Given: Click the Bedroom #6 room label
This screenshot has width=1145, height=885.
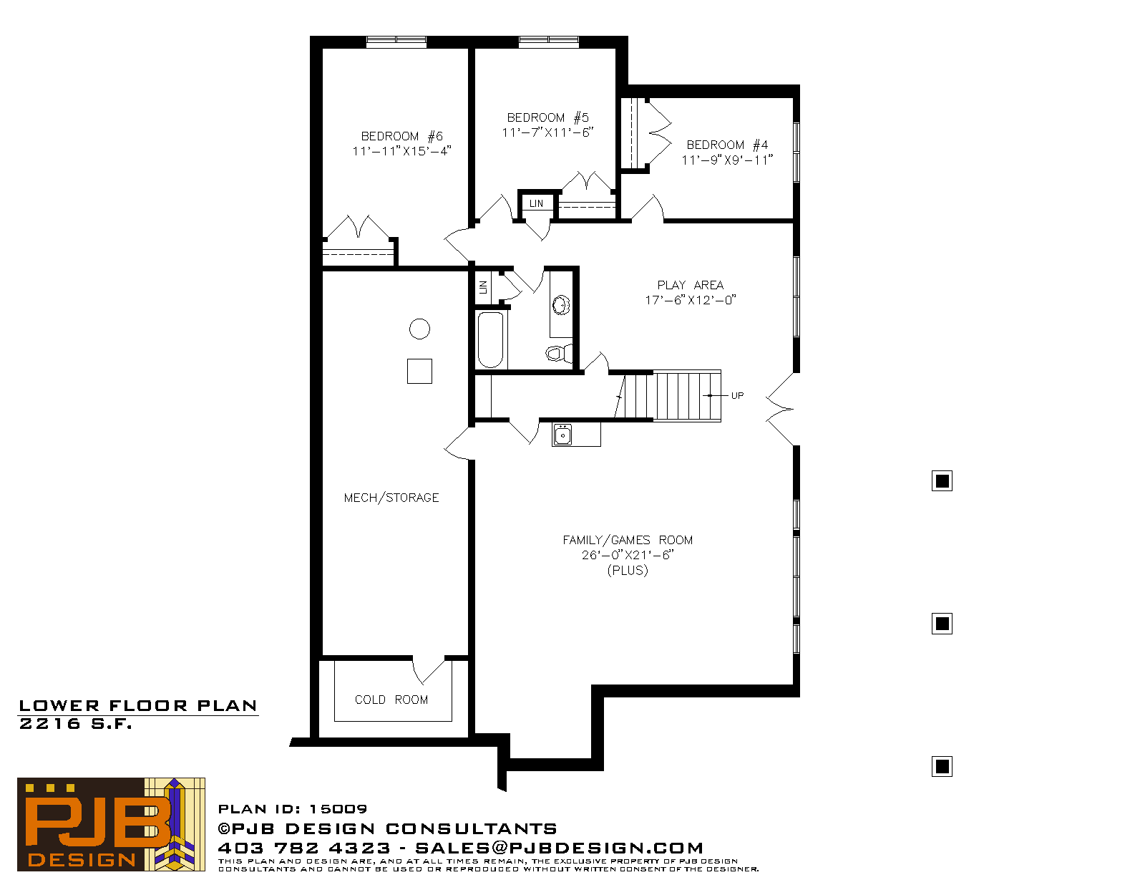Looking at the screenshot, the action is [402, 137].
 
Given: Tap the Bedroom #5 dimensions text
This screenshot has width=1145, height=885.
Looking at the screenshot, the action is [547, 132].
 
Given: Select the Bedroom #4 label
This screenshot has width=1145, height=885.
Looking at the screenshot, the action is [727, 145].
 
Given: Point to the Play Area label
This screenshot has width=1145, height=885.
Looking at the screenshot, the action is [691, 285].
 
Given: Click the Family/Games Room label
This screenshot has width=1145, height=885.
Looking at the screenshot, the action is [628, 541].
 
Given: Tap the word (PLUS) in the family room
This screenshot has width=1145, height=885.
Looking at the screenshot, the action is [628, 571].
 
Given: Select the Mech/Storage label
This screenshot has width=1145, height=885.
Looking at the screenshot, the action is [391, 498].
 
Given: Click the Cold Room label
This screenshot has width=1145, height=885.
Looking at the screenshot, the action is [391, 700].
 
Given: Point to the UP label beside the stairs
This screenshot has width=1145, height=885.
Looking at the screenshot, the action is [737, 395].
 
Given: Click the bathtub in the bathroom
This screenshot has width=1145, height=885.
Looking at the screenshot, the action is [491, 340].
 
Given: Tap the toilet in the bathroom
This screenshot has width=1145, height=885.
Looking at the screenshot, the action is [558, 352].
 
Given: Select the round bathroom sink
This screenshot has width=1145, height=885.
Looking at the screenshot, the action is [560, 305].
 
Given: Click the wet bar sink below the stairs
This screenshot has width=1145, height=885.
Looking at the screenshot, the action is [562, 435].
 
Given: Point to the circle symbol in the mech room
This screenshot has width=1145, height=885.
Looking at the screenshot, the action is [419, 329].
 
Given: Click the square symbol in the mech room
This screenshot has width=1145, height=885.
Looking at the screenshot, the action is [419, 371].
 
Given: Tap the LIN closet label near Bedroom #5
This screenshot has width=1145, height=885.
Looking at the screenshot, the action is [537, 203].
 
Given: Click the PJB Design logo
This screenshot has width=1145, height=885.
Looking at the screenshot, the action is [111, 824].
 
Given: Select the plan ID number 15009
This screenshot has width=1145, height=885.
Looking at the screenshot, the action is [338, 809].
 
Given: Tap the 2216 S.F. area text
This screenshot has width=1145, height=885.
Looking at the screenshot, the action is [75, 724].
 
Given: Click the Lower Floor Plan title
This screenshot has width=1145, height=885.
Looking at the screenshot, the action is [138, 706].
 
